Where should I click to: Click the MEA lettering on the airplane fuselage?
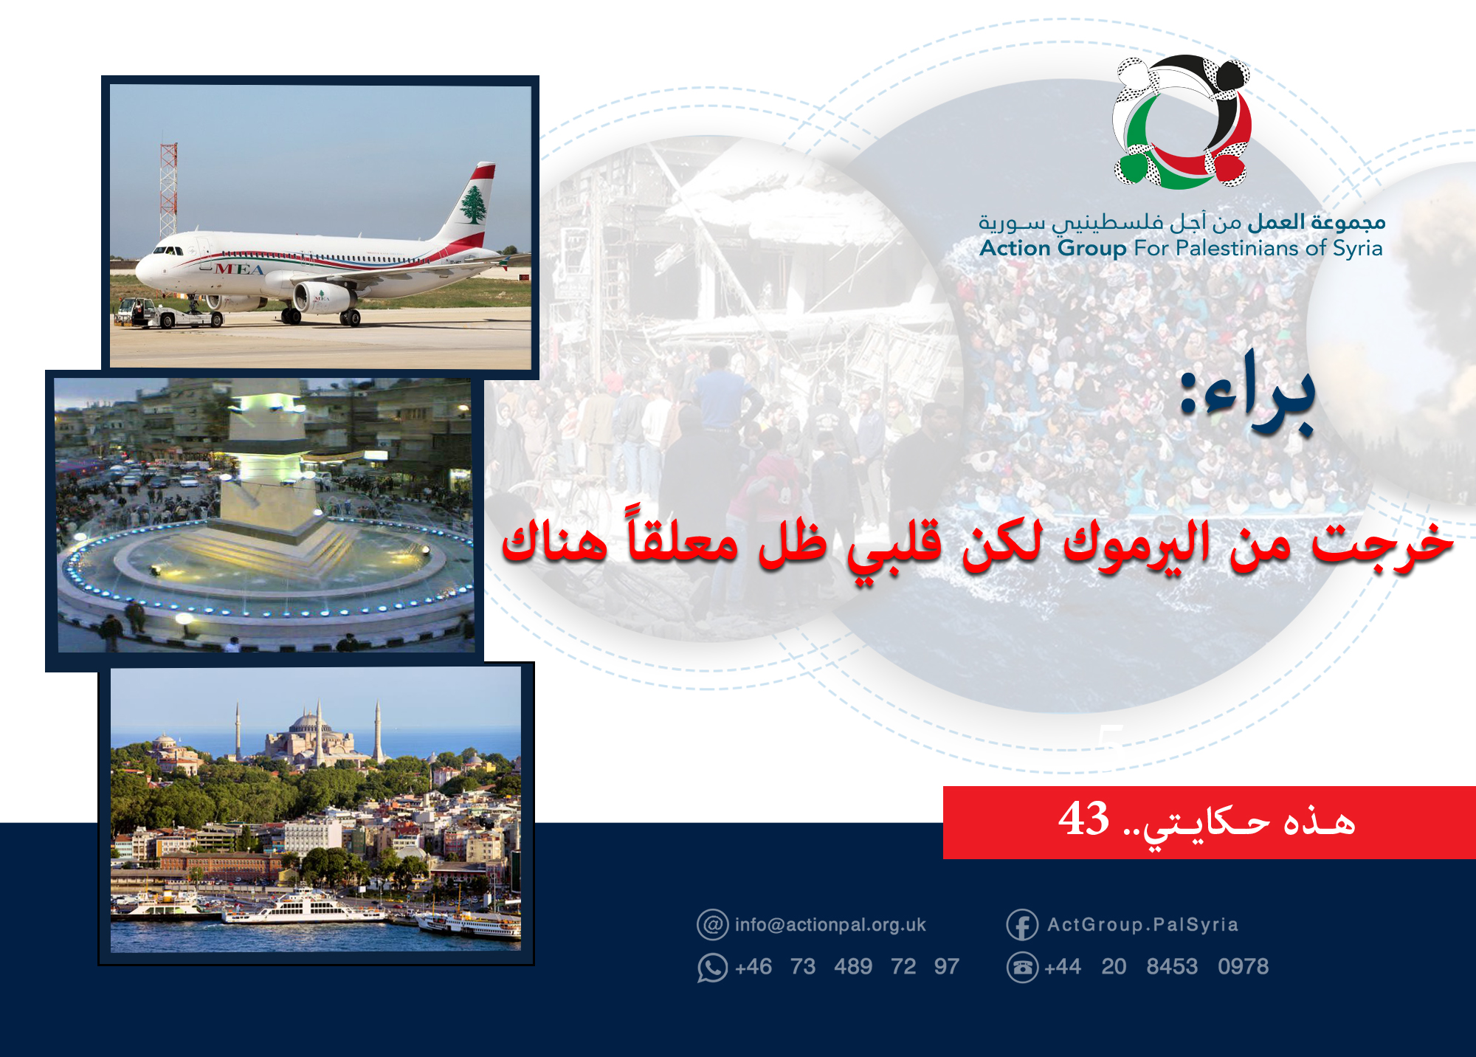[239, 269]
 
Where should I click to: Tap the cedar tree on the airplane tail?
[472, 204]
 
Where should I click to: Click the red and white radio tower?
[168, 188]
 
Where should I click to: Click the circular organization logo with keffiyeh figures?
[1181, 122]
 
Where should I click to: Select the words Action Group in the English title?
[1052, 248]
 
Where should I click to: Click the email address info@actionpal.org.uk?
[830, 925]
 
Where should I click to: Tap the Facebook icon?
[1022, 925]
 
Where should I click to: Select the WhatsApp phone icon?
[712, 967]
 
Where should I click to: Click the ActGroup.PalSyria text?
[1142, 925]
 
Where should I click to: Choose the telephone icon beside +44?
[1022, 967]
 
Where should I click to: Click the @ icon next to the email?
[712, 925]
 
